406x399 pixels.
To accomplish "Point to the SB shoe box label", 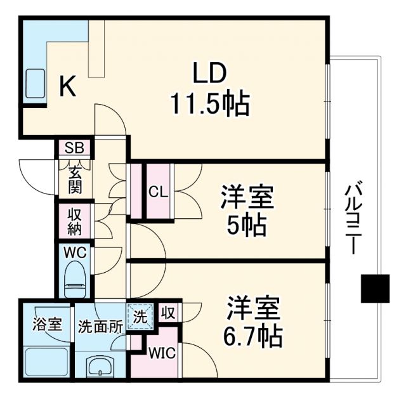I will pyautogui.click(x=75, y=149).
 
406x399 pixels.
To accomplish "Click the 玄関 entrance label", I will pyautogui.click(x=75, y=180).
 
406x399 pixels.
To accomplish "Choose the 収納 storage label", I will pyautogui.click(x=75, y=220).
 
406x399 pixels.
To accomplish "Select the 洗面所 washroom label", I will pyautogui.click(x=100, y=326).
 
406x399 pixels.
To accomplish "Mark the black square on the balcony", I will pyautogui.click(x=374, y=289).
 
